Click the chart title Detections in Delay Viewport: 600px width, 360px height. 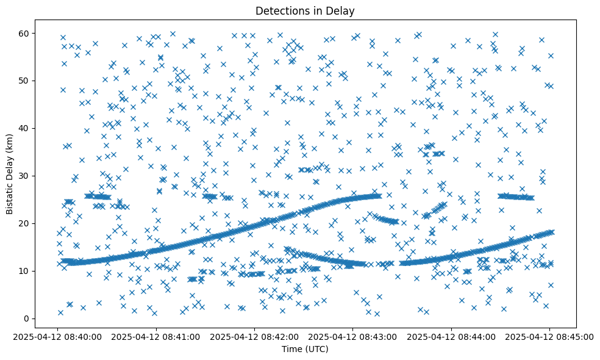pyautogui.click(x=305, y=10)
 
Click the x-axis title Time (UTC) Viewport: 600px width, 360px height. pyautogui.click(x=305, y=349)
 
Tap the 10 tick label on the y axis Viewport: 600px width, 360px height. pyautogui.click(x=25, y=271)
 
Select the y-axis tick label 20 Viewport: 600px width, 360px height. pyautogui.click(x=25, y=223)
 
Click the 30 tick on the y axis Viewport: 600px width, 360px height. pyautogui.click(x=25, y=176)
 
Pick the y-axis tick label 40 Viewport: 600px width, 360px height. pyautogui.click(x=25, y=128)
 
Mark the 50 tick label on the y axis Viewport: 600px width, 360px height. pyautogui.click(x=25, y=81)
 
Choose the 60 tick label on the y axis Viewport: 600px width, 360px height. pyautogui.click(x=25, y=33)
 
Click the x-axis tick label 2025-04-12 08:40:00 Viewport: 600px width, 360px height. pyautogui.click(x=58, y=336)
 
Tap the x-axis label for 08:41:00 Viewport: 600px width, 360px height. pyautogui.click(x=156, y=336)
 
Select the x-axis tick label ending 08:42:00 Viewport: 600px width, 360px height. pyautogui.click(x=254, y=336)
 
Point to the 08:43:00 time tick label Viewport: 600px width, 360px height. pyautogui.click(x=352, y=336)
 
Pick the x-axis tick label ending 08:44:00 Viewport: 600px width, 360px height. pyautogui.click(x=451, y=336)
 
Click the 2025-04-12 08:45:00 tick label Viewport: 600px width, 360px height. pyautogui.click(x=549, y=336)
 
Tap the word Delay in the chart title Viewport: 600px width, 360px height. pyautogui.click(x=341, y=10)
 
